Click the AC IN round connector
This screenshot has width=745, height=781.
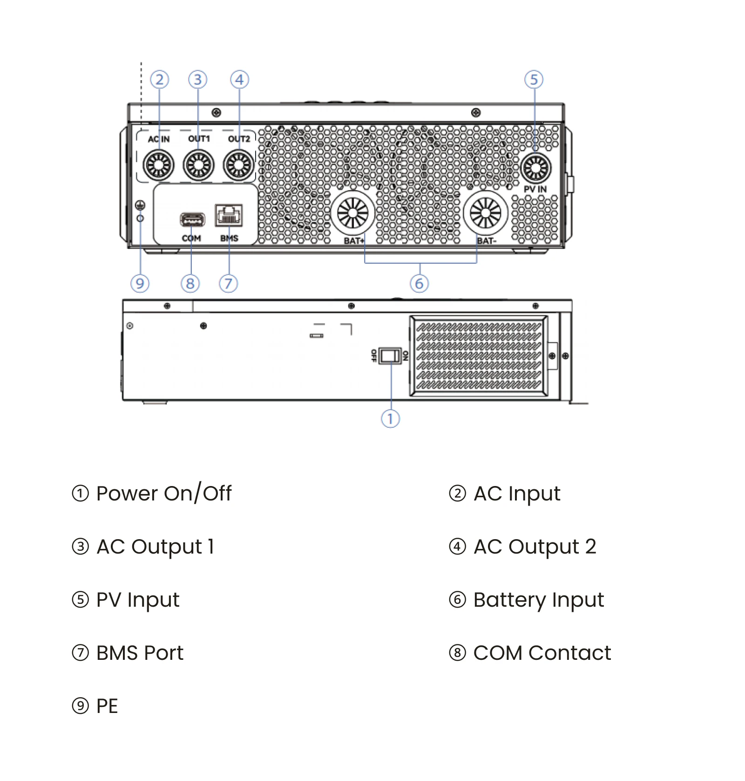pos(159,165)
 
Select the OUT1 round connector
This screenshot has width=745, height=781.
pos(199,165)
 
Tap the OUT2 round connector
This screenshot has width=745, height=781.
pos(239,165)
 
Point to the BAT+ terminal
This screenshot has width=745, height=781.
pos(352,213)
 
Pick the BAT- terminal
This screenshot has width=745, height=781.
pos(486,213)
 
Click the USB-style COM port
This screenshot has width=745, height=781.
pos(192,219)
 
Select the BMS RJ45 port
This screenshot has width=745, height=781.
pos(229,215)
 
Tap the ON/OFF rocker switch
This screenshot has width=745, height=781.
pos(390,356)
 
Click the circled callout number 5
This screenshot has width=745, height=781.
pos(534,80)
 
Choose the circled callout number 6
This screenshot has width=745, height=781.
pos(419,283)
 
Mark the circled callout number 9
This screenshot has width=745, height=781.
pos(140,283)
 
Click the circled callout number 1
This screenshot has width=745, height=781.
pos(390,418)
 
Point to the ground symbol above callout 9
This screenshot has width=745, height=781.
pos(140,205)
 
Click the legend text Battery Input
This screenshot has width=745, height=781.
pos(538,600)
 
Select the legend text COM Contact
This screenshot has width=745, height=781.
pos(542,653)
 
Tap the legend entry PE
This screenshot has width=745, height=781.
pos(107,706)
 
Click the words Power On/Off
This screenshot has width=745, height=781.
pos(163,493)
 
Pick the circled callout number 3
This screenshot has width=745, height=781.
pos(198,80)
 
